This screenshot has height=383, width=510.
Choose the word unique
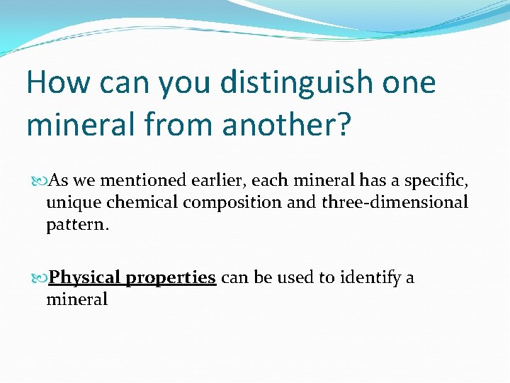[74, 203]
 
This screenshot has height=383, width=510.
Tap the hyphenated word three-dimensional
[395, 202]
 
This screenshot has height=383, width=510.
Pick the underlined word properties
[171, 278]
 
